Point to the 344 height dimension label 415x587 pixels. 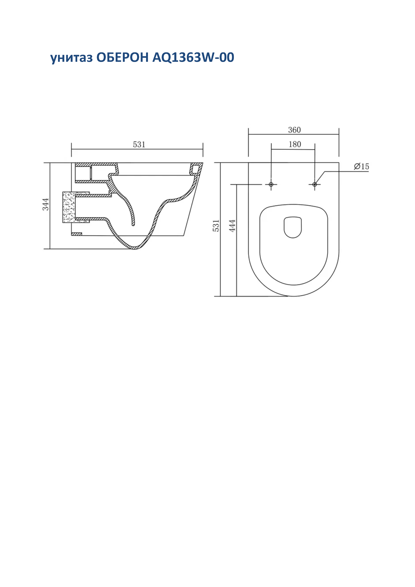(45, 204)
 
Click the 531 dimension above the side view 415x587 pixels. (139, 145)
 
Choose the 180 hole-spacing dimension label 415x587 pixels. (295, 144)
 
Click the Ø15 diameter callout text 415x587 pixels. (361, 167)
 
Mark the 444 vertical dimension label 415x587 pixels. (232, 226)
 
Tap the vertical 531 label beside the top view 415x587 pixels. (216, 226)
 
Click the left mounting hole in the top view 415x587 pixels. (271, 184)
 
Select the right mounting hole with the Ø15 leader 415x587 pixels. (315, 184)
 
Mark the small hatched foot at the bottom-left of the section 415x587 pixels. (76, 234)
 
